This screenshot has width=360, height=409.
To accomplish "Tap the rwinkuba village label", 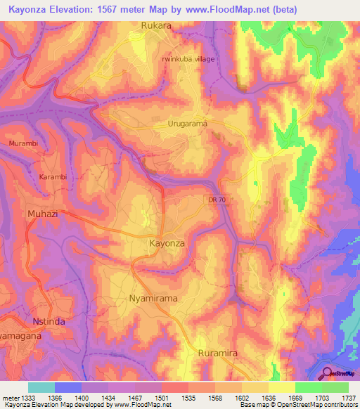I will [188, 59].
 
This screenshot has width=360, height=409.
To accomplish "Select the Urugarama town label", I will [188, 124].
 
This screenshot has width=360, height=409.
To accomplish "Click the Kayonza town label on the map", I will [167, 242].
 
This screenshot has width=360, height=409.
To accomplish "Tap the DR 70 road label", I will [218, 200].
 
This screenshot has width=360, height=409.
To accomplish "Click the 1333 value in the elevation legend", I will [27, 397].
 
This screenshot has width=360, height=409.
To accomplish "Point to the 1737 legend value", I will [348, 397].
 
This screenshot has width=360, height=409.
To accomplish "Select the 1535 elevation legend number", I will [188, 397].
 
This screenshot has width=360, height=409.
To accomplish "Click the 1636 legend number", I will [268, 397].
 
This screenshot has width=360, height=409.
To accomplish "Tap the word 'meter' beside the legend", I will [10, 397].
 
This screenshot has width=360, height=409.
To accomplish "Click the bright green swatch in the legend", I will [308, 387].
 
